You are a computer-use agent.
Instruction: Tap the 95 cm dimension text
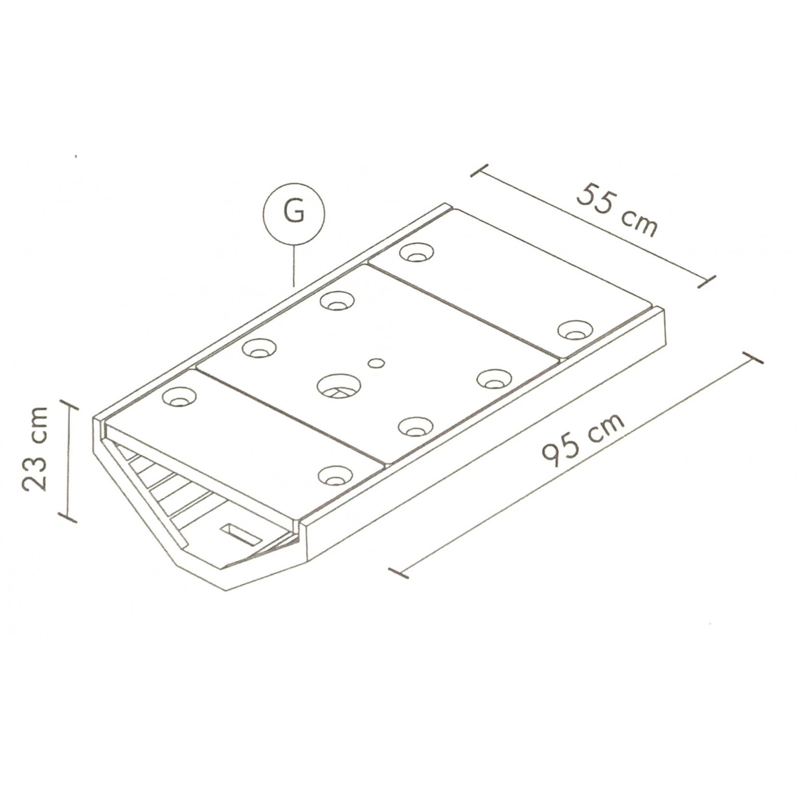point(583,440)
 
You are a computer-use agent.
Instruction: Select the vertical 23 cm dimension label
point(36,448)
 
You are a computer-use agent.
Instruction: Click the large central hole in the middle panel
point(339,386)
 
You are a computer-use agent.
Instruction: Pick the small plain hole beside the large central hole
point(376,362)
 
